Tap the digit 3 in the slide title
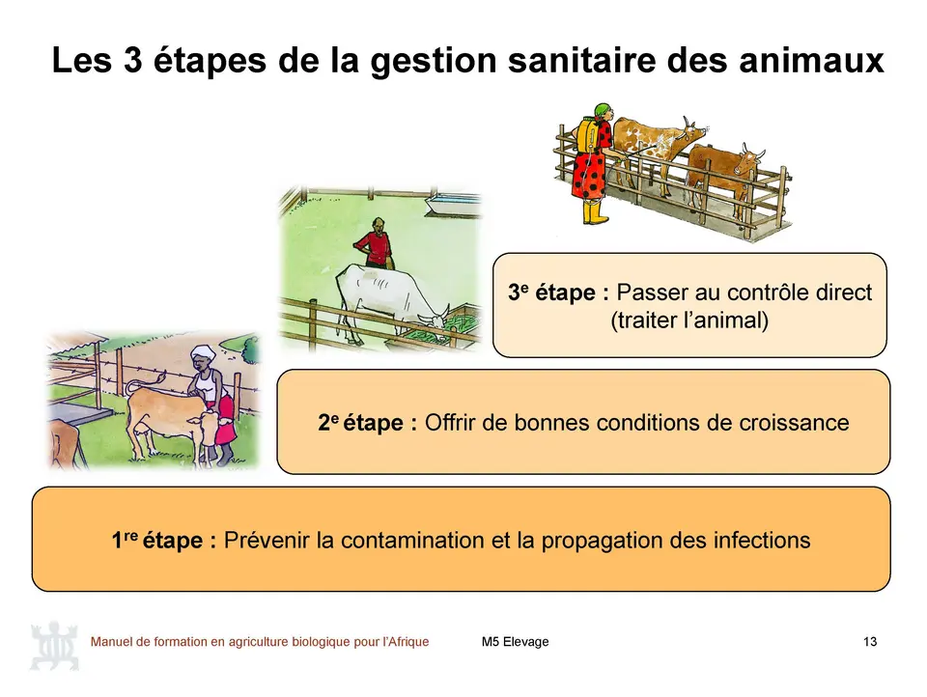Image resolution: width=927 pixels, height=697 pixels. (133, 60)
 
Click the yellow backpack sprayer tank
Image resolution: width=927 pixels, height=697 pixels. (587, 134)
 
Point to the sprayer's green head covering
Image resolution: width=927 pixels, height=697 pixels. (603, 110)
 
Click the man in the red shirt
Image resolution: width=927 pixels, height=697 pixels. (373, 242)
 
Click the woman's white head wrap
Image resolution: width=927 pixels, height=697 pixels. (203, 352)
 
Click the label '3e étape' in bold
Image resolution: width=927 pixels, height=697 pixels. (557, 293)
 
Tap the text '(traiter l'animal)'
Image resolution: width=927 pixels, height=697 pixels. (689, 321)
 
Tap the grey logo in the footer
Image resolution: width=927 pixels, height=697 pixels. (54, 645)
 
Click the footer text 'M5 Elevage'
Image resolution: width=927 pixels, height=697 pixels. (515, 642)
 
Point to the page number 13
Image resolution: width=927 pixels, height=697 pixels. (870, 642)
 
